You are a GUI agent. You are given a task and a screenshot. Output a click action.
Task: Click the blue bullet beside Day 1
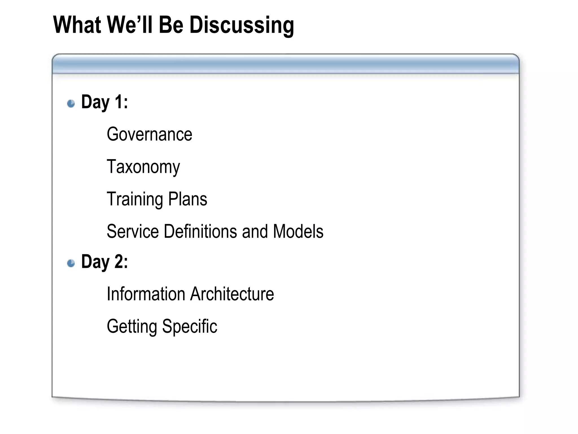point(71,103)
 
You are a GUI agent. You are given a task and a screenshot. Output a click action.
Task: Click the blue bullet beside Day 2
point(71,263)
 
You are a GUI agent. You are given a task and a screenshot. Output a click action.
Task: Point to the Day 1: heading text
point(104,102)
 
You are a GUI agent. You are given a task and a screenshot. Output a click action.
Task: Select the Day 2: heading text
point(104,262)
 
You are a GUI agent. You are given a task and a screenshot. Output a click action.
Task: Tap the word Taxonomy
point(143,167)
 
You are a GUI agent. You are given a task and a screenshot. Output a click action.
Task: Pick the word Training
point(135,199)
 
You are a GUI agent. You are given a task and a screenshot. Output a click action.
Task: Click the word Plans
point(187,199)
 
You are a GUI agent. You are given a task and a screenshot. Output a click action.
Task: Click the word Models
point(298,231)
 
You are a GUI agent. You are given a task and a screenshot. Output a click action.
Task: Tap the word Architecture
point(232,294)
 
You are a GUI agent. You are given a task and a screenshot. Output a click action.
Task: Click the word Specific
point(190,327)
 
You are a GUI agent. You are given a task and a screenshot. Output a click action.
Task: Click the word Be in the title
point(171,25)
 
